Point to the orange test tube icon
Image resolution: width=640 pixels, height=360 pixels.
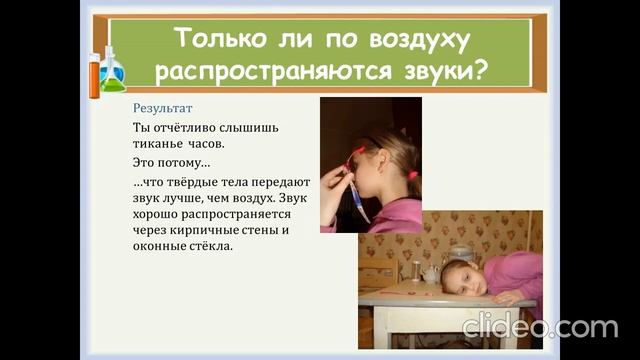[x=94, y=75]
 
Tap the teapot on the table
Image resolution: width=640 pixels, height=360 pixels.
[x=431, y=273]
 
